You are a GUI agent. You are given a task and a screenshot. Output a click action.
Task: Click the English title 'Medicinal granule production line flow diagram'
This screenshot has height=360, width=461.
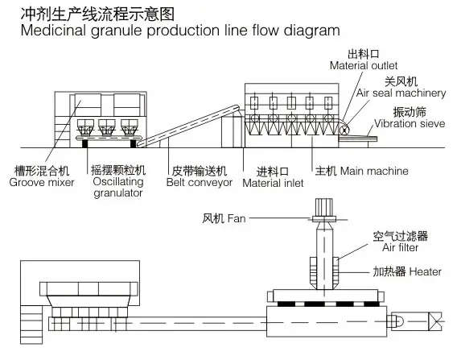pos(180,31)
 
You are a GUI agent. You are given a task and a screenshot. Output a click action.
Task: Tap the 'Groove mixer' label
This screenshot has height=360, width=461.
pos(42,182)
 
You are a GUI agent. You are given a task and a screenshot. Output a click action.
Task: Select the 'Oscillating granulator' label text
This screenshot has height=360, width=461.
pos(118,187)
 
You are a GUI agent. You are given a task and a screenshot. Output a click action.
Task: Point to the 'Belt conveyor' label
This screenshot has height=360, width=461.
pos(199,183)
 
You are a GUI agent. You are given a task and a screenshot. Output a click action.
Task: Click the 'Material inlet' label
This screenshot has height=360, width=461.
pos(273,183)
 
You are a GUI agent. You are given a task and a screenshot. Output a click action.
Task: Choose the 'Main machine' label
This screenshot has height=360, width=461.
pos(374,171)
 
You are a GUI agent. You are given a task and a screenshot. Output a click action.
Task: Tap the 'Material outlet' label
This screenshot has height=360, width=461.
pos(364,65)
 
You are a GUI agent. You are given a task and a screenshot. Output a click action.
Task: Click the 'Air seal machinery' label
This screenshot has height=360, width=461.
pos(401,93)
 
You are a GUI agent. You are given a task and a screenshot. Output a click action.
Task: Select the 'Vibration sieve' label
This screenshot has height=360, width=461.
pos(410,123)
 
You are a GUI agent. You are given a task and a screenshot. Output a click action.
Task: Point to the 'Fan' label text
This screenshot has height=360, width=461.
pos(237,218)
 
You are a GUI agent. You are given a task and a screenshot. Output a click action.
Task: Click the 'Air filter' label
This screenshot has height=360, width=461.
pos(400,247)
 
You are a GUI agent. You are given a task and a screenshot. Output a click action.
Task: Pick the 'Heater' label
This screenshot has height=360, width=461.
pos(425,271)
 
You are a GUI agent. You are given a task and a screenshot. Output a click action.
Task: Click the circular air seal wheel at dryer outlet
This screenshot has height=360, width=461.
pos(343,130)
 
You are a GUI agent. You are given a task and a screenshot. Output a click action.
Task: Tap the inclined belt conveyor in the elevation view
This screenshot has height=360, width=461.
pos(188,126)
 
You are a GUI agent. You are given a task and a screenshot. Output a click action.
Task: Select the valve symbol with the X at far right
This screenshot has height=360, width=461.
pos(434,321)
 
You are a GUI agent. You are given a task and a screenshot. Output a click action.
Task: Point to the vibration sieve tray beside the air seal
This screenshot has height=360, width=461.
pos(357,139)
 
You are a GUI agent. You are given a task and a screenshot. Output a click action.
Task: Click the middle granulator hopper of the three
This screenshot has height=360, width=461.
pos(107,127)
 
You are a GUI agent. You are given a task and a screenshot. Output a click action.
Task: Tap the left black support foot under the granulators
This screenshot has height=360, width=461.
pos(84,143)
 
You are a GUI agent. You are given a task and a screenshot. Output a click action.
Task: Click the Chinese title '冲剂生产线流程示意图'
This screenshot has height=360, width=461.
pos(97,14)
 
